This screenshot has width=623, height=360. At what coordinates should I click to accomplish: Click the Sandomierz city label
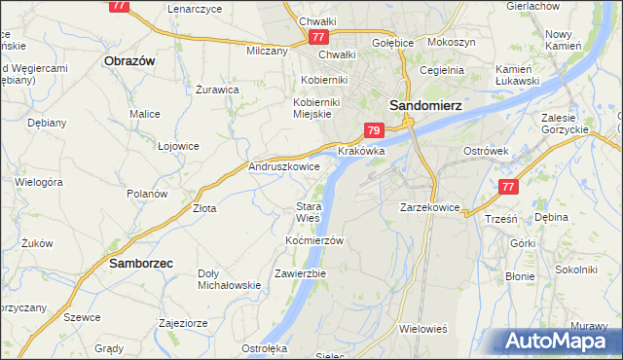(x=425, y=105)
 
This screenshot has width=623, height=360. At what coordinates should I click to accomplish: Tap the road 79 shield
(x=375, y=129)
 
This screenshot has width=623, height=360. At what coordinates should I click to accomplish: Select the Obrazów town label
(x=129, y=60)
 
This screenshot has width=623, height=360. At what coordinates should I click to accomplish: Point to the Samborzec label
(x=141, y=263)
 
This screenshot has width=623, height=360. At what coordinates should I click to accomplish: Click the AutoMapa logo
(x=559, y=342)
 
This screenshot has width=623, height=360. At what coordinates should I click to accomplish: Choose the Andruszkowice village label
(x=284, y=166)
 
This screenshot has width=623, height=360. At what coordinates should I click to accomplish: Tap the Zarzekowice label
(x=429, y=207)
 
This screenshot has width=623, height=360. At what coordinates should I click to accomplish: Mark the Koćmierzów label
(x=314, y=239)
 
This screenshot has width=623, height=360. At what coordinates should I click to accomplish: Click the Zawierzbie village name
(x=300, y=273)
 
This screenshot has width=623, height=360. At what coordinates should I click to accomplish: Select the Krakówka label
(x=361, y=152)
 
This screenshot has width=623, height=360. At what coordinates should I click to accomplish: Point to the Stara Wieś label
(x=309, y=212)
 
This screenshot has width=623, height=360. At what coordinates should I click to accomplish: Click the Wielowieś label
(x=422, y=329)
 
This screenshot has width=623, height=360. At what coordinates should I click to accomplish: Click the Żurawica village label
(x=217, y=90)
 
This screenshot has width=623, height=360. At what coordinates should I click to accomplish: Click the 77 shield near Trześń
(x=506, y=186)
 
